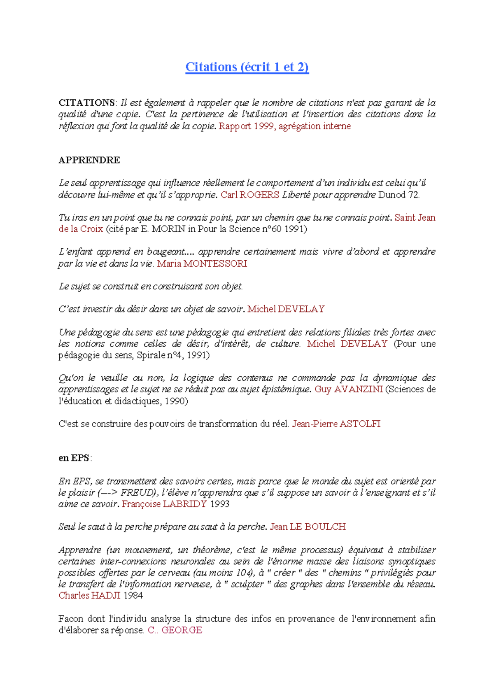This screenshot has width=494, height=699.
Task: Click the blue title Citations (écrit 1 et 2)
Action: [x=247, y=67]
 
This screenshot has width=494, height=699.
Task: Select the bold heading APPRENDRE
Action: [x=89, y=160]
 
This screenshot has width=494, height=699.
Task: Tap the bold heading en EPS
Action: [x=75, y=458]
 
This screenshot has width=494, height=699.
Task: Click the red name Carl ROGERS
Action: [x=250, y=195]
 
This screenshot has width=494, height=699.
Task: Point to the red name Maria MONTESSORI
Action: [x=202, y=263]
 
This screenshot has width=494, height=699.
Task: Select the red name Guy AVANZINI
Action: [x=349, y=389]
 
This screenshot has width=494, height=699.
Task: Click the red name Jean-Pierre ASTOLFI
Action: [x=336, y=424]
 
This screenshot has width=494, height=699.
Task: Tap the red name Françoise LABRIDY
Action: [x=164, y=504]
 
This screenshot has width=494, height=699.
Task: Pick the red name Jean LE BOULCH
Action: [x=308, y=527]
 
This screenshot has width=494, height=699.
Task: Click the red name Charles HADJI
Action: [x=89, y=596]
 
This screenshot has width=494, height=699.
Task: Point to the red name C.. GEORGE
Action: [x=175, y=630]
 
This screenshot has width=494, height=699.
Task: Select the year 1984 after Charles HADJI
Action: [x=133, y=596]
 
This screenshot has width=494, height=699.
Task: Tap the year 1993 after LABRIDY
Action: [x=219, y=504]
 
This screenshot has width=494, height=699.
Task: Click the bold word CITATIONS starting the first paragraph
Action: [x=87, y=103]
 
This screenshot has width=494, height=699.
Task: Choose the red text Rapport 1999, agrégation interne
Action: [x=284, y=126]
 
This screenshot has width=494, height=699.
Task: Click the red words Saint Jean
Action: [x=415, y=218]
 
